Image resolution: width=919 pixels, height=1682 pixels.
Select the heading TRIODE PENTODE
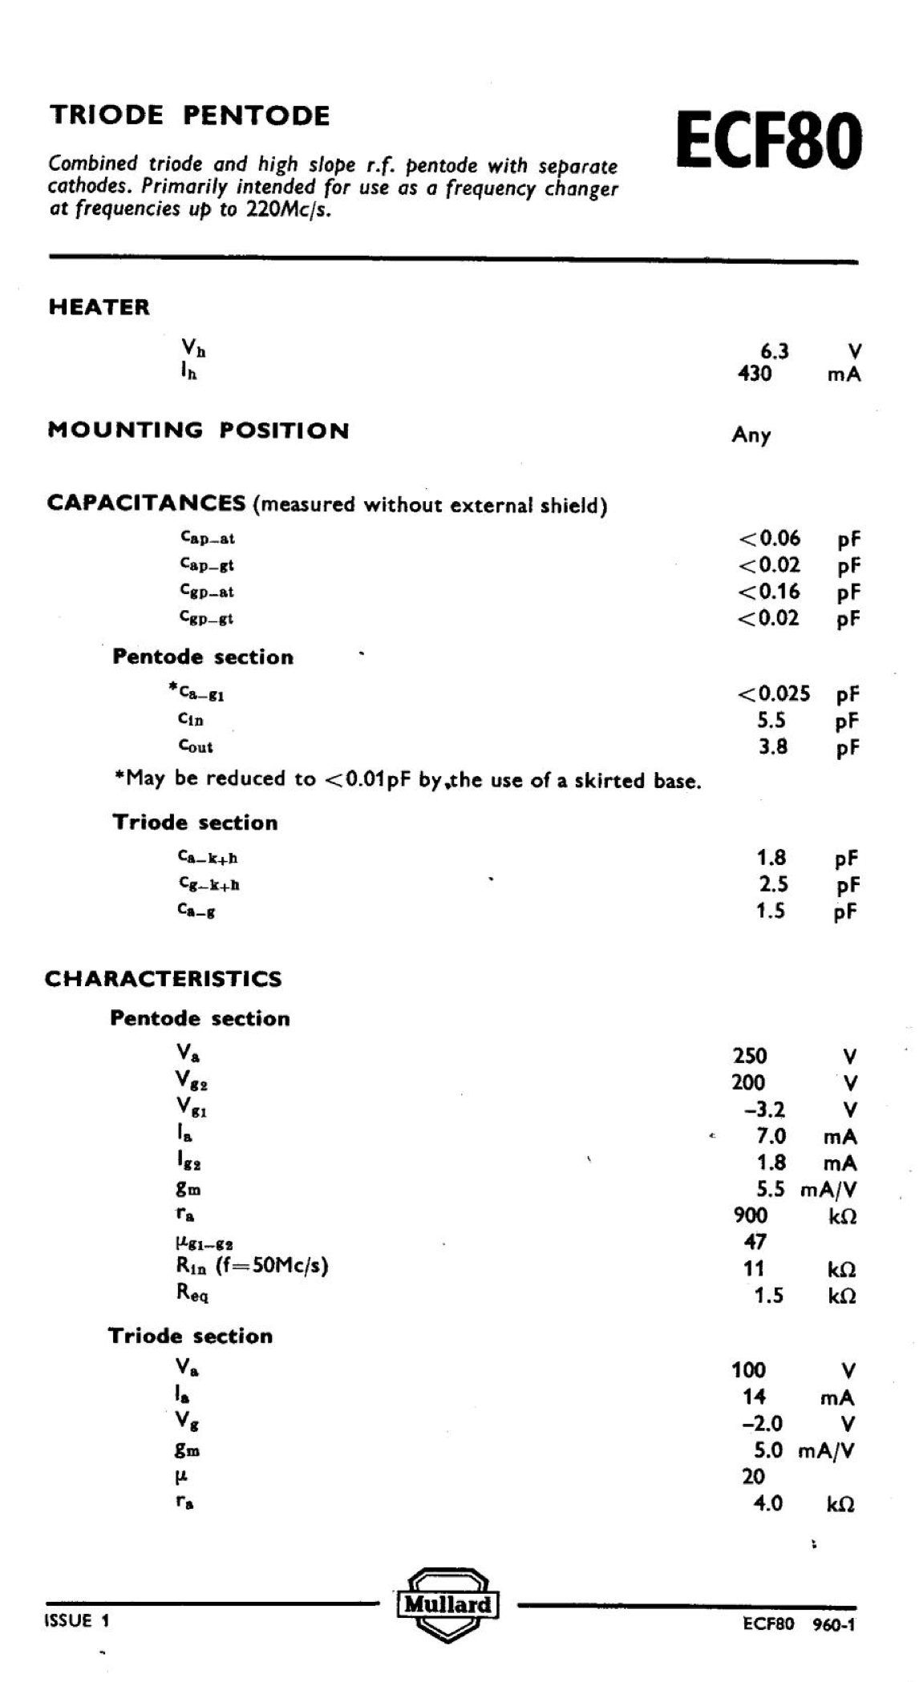[x=189, y=115]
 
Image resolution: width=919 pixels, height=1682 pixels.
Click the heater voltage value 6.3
[x=774, y=351]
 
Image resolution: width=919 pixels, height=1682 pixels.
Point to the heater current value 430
[x=754, y=374]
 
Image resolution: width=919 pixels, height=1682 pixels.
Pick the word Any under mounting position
[x=751, y=435]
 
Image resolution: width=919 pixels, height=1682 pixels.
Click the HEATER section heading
[x=99, y=308]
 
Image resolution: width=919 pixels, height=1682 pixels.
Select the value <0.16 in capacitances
[x=768, y=592]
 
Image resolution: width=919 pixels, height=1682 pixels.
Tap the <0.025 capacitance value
[x=773, y=693]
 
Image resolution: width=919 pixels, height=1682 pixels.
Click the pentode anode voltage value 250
[x=750, y=1056]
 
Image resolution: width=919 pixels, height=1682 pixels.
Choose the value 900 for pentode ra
[x=750, y=1215]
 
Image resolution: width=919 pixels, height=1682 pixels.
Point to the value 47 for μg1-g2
[x=755, y=1242]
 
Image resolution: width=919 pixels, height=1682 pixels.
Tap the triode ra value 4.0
[x=767, y=1503]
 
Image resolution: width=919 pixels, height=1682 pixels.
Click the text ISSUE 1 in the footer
[x=77, y=1620]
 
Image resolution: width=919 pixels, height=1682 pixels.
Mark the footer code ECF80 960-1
[x=799, y=1623]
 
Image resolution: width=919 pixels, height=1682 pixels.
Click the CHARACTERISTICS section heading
[x=164, y=979]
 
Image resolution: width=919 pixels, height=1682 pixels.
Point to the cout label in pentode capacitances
[x=196, y=746]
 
